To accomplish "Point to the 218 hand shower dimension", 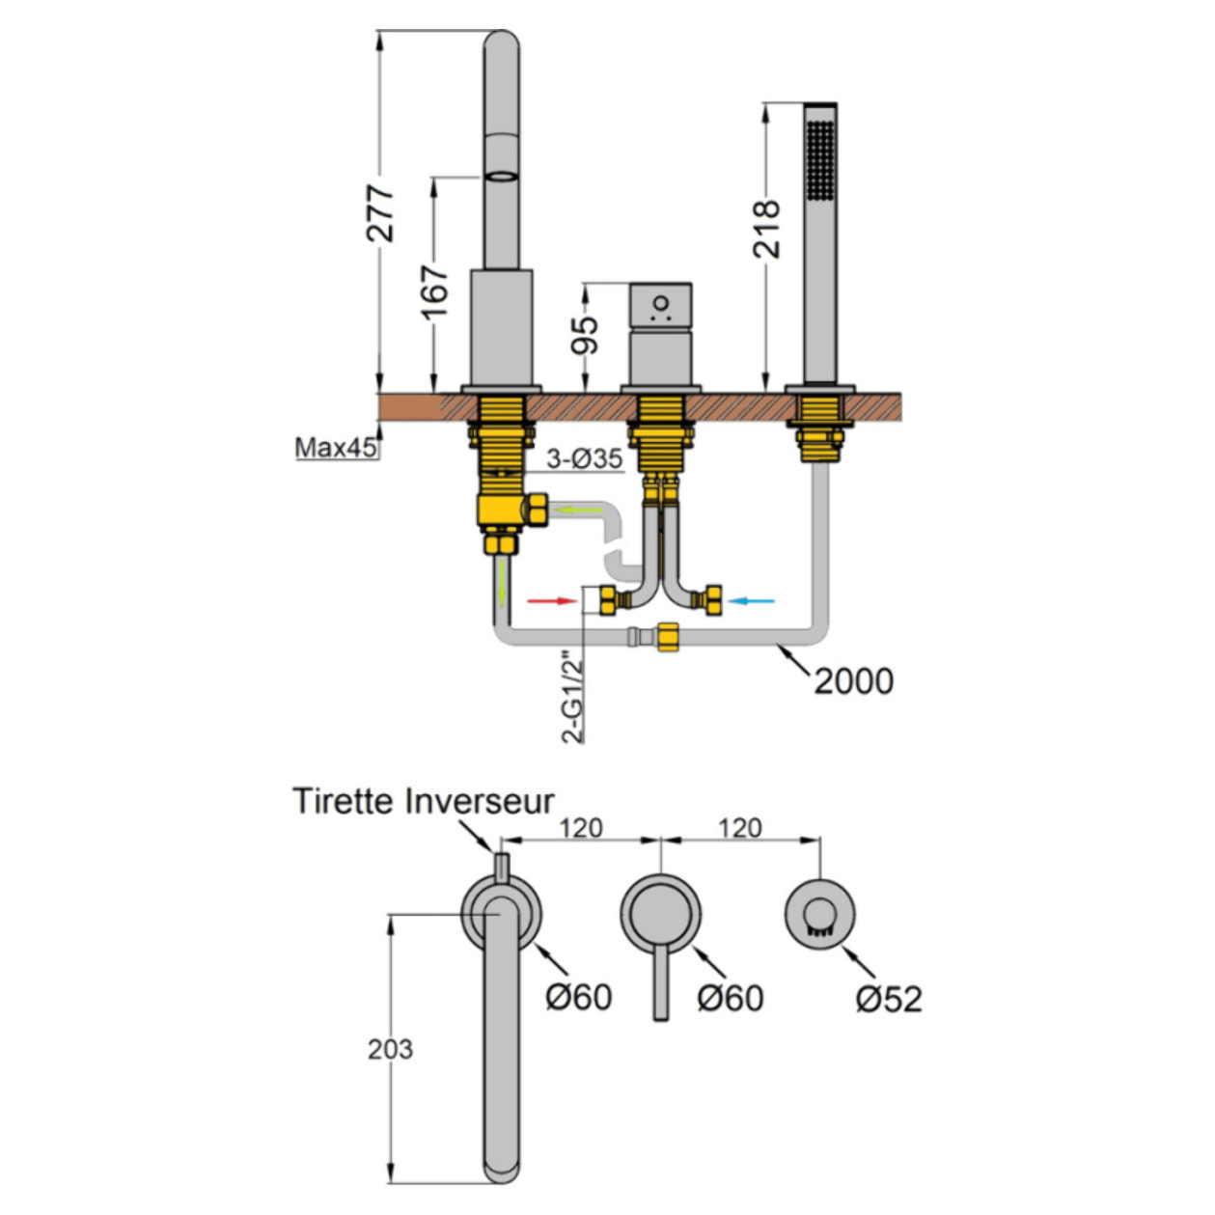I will (x=767, y=228).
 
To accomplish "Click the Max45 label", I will (x=335, y=448).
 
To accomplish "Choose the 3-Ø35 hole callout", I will (x=584, y=458).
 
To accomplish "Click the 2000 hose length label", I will (x=853, y=681).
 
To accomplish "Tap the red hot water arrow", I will (x=552, y=601).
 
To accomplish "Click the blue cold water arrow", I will (x=751, y=601).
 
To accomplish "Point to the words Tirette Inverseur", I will (x=423, y=801).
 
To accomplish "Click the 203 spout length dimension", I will (x=390, y=1048).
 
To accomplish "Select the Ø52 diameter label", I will (x=889, y=999).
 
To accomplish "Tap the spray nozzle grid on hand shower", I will (x=820, y=159).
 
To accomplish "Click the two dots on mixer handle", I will (x=660, y=309).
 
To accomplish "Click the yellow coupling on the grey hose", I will (x=666, y=637).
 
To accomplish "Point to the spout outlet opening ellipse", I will (x=501, y=176).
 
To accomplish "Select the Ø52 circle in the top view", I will (x=820, y=911).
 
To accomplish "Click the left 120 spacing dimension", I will (x=581, y=828).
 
